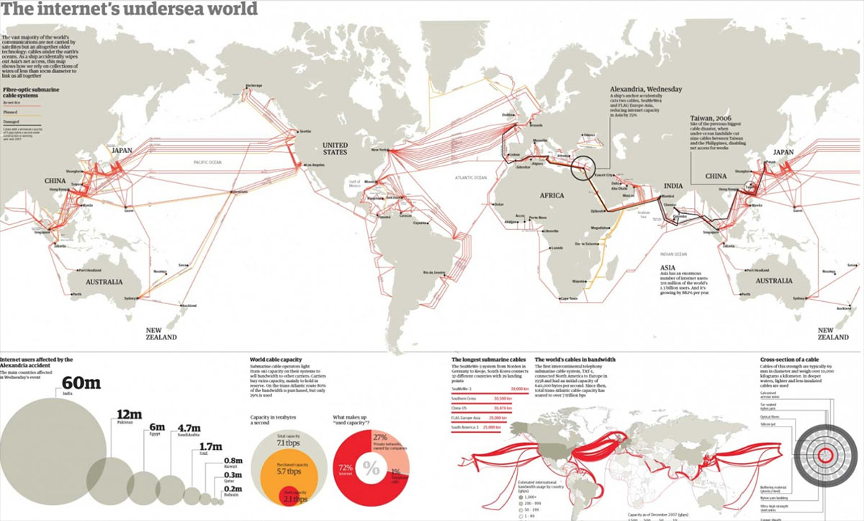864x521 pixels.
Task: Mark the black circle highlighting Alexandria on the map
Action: coord(583,170)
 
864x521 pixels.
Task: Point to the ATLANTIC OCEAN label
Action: coord(471,177)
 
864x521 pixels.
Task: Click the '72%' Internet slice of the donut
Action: coord(346,468)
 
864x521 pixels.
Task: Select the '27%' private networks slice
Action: coord(381,437)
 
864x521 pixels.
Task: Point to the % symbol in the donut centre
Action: coord(371,469)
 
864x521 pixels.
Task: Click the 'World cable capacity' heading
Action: coord(276,359)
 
